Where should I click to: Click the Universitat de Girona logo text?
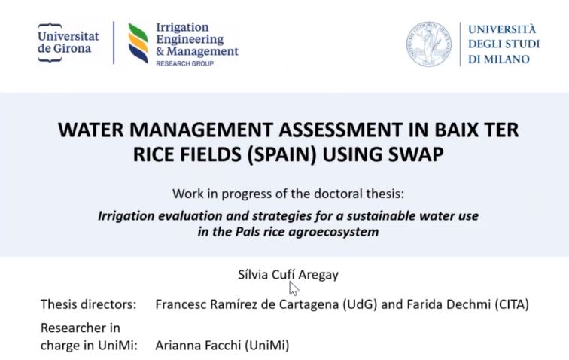(x=68, y=42)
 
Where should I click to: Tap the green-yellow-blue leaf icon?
(x=138, y=43)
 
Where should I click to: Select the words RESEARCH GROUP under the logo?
(x=184, y=64)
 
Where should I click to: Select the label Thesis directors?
(x=88, y=304)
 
